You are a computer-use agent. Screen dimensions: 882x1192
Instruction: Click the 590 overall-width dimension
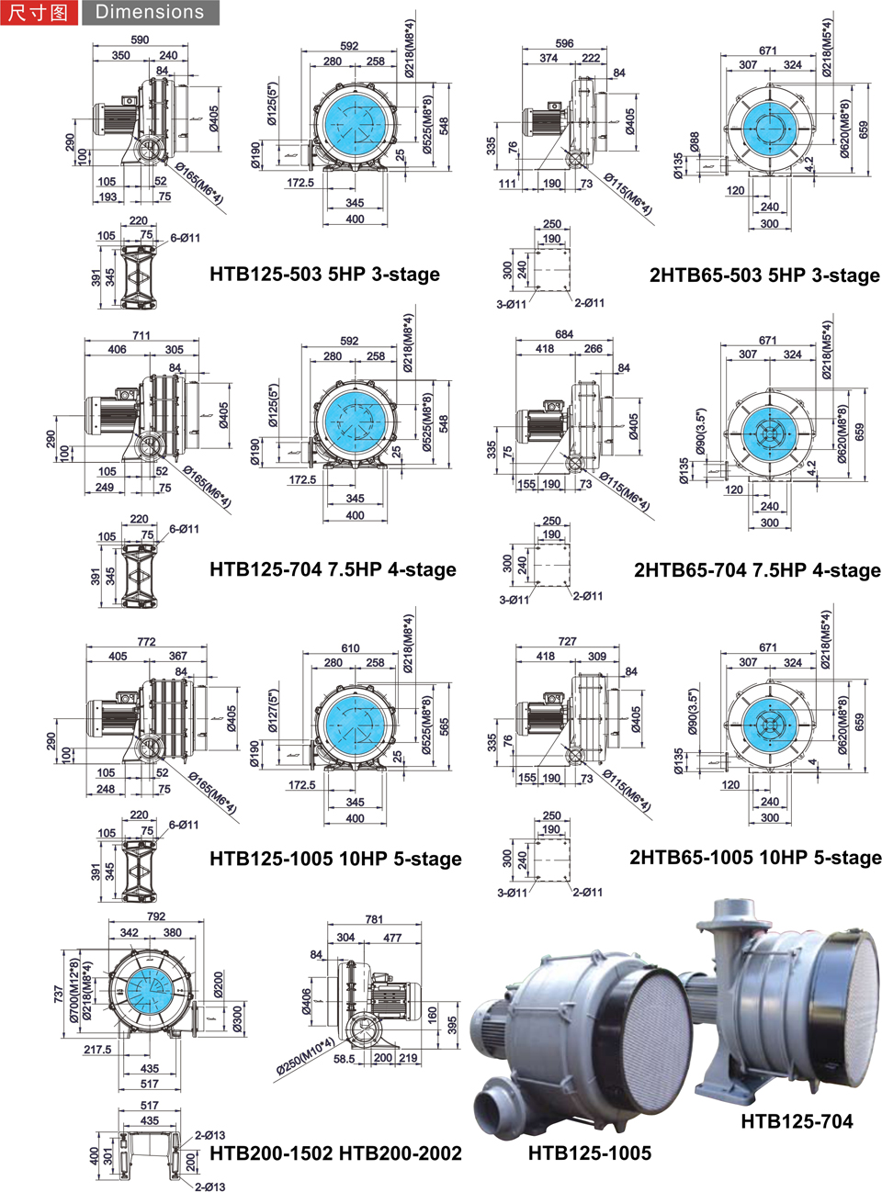coord(140,39)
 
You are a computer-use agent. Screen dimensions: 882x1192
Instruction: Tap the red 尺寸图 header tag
coord(39,12)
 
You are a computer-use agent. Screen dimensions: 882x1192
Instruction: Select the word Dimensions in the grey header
coord(150,12)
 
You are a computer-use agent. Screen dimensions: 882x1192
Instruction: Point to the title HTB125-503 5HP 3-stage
coord(324,274)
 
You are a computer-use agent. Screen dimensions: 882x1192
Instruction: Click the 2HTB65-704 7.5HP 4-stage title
coord(757,569)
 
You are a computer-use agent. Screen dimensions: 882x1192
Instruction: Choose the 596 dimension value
coord(564,43)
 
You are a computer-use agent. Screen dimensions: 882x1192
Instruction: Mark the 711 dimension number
coord(141,335)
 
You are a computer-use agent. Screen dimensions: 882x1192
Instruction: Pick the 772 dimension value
coord(146,642)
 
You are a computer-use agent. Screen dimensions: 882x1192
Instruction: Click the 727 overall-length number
coord(568,641)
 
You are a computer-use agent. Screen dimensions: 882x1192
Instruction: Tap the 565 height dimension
coord(445,726)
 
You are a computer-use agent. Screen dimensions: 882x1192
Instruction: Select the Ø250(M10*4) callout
coord(305,1057)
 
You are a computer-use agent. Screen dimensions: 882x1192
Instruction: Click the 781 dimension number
coord(374,919)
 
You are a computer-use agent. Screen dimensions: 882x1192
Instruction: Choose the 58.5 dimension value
coord(345,1058)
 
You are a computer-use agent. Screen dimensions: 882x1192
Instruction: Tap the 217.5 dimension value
coord(97,1049)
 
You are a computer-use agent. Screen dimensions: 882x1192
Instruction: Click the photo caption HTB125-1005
coord(590,1153)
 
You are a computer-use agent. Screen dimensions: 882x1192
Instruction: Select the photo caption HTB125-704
coord(797,1121)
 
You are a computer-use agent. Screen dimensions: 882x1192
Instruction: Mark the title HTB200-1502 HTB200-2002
coord(335,1153)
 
